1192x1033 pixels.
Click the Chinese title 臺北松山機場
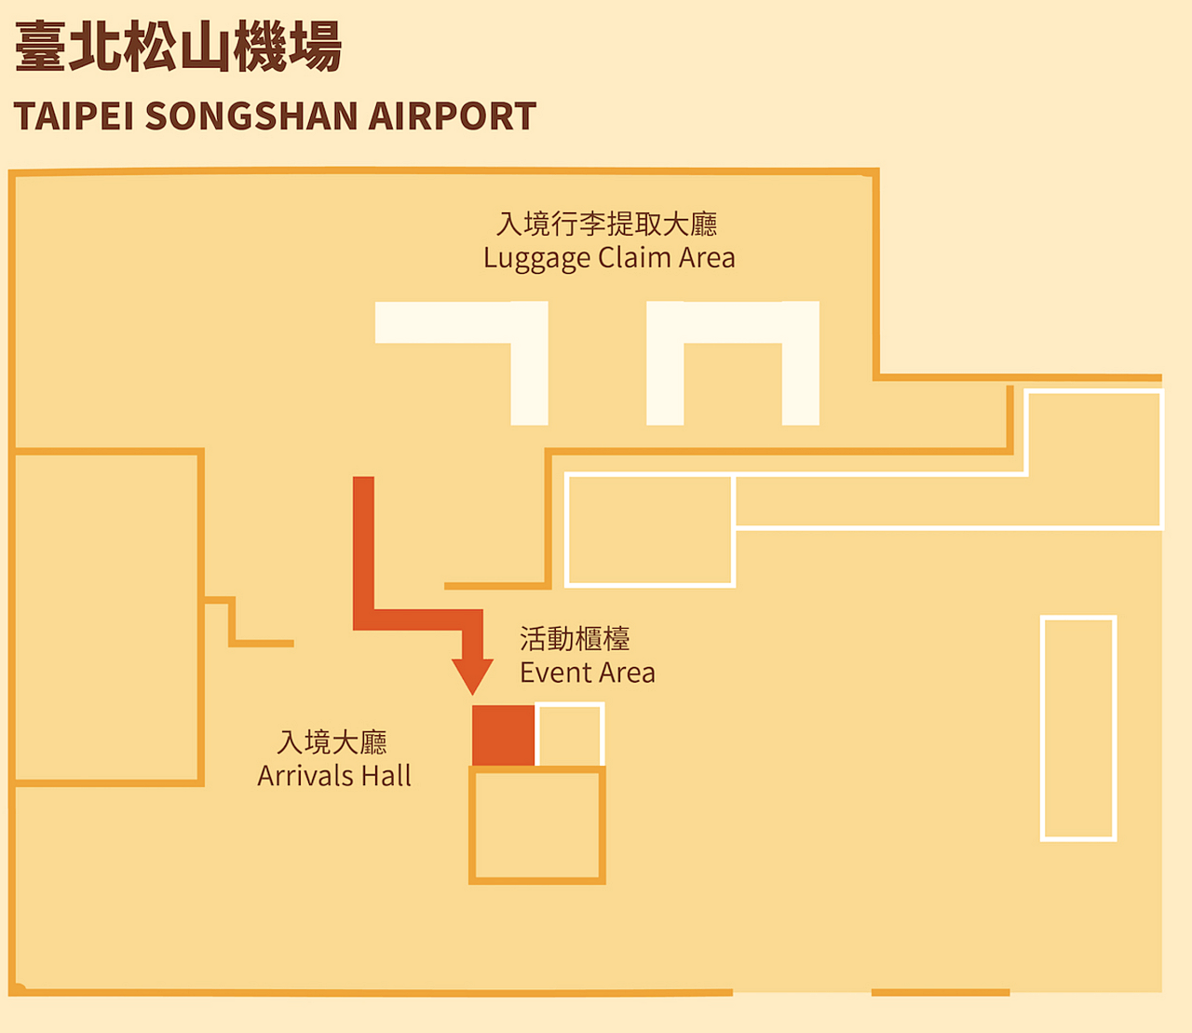[178, 47]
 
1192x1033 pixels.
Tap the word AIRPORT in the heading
[452, 116]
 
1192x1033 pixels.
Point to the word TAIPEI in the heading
[74, 116]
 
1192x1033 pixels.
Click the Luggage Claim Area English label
[609, 258]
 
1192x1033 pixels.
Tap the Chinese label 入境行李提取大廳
[607, 224]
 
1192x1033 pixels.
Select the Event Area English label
[587, 673]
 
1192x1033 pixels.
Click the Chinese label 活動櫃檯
[575, 639]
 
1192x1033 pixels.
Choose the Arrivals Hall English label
[334, 776]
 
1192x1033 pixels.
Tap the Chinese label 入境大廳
[332, 742]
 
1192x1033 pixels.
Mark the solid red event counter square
[503, 736]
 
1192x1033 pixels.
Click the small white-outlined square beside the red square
[570, 735]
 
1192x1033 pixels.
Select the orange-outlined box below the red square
[537, 824]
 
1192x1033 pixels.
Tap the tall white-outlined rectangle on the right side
[1078, 728]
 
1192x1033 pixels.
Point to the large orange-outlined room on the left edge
[107, 617]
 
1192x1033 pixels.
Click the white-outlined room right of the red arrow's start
[649, 529]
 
